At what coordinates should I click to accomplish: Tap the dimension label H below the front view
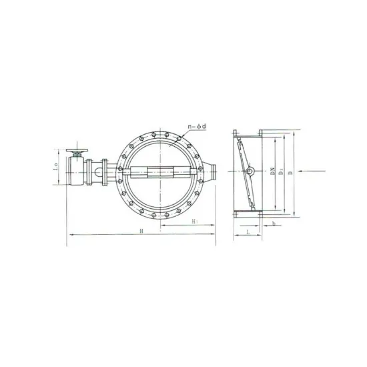click(x=141, y=230)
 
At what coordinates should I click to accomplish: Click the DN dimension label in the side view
click(x=274, y=173)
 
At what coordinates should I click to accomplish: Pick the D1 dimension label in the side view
click(x=283, y=173)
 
